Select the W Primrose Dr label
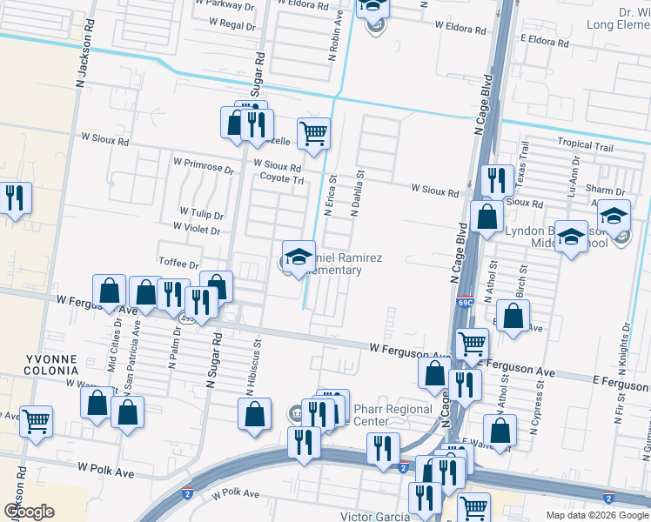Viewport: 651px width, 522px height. (x=204, y=163)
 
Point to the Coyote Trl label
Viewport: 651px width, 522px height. (x=281, y=179)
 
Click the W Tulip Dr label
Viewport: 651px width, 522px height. (x=201, y=212)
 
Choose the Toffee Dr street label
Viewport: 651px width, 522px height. (x=179, y=263)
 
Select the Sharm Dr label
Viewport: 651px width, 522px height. (x=607, y=191)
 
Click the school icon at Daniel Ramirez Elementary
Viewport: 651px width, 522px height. (x=299, y=257)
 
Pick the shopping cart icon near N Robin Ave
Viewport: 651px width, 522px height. (x=313, y=134)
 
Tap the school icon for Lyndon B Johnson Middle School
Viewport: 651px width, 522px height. (x=571, y=237)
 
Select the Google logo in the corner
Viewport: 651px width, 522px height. (x=29, y=512)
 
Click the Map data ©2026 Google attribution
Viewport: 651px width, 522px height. (x=596, y=514)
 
